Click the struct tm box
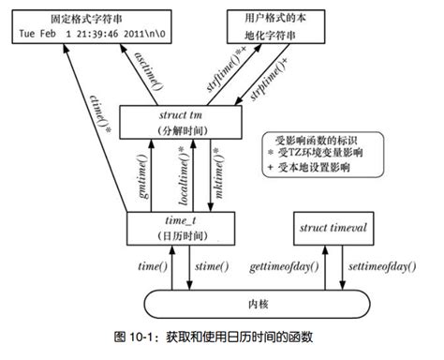tap(188, 120)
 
